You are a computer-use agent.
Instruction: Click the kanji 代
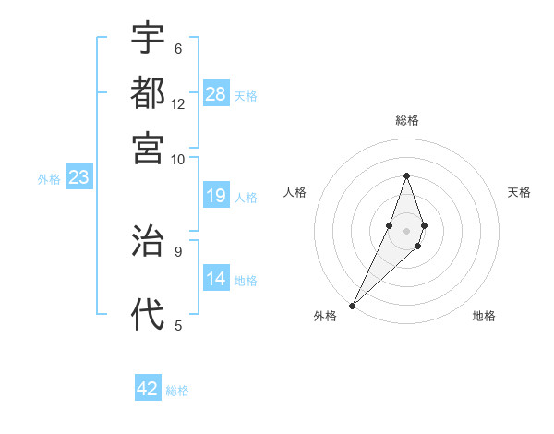[148, 315]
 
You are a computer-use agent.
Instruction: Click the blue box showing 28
[216, 93]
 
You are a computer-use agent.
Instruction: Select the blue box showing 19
[216, 196]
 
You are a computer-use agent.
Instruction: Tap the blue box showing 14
[216, 279]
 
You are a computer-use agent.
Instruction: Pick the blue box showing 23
[78, 177]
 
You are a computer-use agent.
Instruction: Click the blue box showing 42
[148, 389]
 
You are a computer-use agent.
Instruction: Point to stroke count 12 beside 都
[178, 104]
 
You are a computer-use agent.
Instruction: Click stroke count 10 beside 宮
[178, 159]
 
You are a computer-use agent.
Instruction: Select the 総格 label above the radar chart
[406, 121]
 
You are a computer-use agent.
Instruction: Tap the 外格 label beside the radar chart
[325, 317]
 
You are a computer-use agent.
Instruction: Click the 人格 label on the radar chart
[295, 192]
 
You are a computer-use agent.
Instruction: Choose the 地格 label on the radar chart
[484, 317]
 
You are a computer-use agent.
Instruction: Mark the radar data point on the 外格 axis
[353, 304]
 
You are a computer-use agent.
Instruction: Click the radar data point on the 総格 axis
[406, 175]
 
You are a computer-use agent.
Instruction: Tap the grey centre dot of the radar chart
[406, 230]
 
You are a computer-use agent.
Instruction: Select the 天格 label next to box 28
[246, 95]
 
